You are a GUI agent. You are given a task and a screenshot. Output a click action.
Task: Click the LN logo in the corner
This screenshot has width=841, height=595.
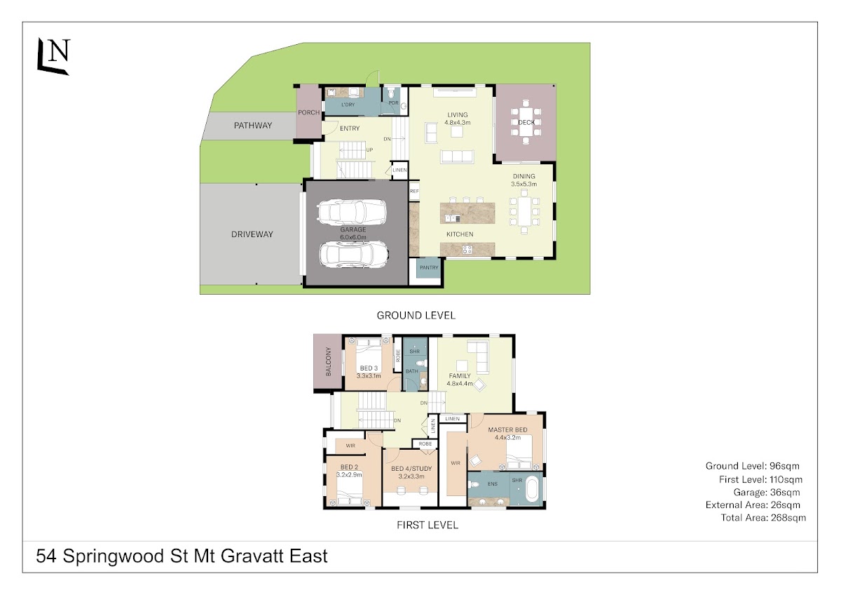[54, 56]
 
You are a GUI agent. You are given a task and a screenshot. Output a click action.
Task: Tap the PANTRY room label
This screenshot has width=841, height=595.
[429, 267]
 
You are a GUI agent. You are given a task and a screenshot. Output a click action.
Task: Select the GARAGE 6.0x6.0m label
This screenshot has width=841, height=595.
[353, 234]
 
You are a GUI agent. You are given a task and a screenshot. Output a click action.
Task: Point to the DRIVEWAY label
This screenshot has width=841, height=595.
[252, 234]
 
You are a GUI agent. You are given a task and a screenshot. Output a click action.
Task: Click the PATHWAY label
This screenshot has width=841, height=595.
[253, 126]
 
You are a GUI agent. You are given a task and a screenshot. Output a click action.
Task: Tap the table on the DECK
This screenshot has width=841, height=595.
[526, 122]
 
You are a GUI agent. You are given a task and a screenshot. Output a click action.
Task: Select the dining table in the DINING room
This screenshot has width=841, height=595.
[524, 212]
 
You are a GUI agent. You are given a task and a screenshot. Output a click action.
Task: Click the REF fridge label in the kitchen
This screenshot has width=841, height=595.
[414, 192]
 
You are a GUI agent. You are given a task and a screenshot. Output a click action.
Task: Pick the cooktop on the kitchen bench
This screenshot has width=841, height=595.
[467, 249]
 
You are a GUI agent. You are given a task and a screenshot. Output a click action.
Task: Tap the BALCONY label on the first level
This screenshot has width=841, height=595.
[329, 361]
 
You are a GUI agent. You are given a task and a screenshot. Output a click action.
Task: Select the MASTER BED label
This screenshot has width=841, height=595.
[507, 429]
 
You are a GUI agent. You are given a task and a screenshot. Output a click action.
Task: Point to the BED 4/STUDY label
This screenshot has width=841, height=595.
[411, 469]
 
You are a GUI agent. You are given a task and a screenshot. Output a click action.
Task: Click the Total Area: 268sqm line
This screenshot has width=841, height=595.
[763, 518]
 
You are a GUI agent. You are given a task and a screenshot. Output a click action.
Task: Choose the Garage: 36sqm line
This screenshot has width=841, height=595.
[766, 493]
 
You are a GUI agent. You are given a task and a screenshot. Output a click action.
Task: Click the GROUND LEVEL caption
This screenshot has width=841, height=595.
[416, 315]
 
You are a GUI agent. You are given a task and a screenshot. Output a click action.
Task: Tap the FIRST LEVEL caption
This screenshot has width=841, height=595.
[428, 525]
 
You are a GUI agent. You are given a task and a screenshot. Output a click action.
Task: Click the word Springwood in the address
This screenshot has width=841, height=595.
[113, 557]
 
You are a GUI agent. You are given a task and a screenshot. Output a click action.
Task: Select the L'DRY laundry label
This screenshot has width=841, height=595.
[348, 105]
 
